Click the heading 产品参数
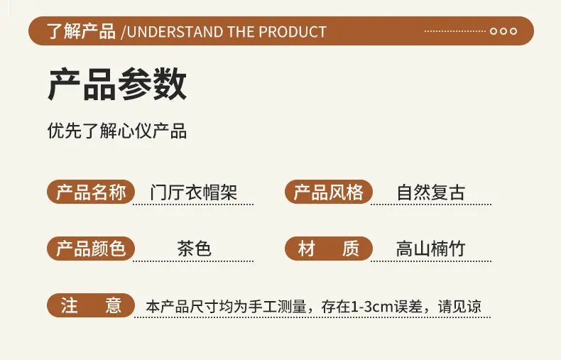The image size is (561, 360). tap(117, 84)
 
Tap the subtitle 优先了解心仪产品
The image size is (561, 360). tap(117, 130)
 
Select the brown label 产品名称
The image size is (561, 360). tap(91, 192)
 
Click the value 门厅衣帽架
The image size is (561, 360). tap(194, 192)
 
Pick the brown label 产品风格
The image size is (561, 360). tap(329, 192)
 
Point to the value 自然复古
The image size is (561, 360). tap(431, 192)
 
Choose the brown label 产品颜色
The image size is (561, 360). tap(91, 249)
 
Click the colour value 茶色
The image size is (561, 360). tap(194, 249)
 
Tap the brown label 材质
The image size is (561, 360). tap(329, 249)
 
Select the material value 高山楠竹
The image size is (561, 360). tap(431, 249)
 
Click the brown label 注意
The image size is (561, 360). tap(91, 305)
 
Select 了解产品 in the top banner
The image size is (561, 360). tap(81, 31)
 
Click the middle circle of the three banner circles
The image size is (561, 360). tap(503, 31)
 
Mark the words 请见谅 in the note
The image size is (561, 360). tap(459, 307)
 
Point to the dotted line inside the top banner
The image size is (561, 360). tap(455, 31)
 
